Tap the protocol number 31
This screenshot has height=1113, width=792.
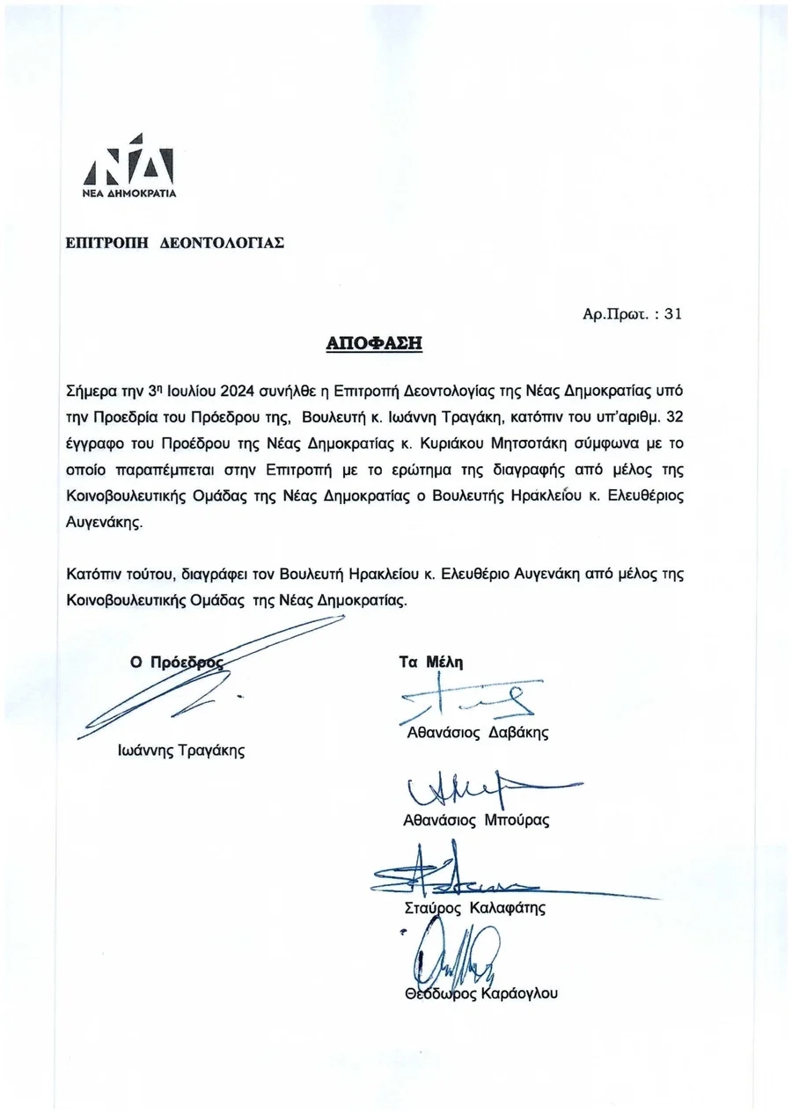click(x=672, y=311)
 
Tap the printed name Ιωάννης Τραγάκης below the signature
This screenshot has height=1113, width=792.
click(x=181, y=751)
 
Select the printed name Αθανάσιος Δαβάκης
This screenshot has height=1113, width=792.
click(x=477, y=732)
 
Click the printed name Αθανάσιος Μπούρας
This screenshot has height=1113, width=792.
click(x=475, y=820)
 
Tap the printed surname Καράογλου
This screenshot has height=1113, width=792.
click(x=519, y=994)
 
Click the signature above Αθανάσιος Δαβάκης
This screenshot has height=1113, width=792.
click(x=471, y=699)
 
